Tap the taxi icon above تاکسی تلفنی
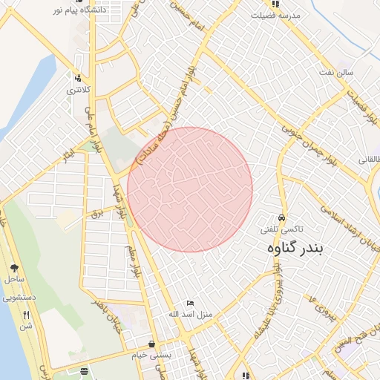point(282,210)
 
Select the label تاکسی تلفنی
point(281,230)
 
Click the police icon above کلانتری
point(77,77)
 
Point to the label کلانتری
point(78,91)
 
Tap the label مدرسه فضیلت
point(275,15)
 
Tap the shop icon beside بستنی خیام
point(151,344)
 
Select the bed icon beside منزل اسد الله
point(190,304)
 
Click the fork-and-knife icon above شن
point(26,315)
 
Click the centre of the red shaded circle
point(190,190)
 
